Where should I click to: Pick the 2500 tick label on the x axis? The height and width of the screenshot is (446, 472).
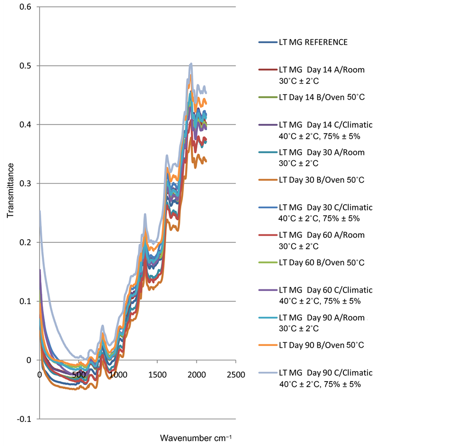coord(235,375)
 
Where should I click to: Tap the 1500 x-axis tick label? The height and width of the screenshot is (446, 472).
coord(157,375)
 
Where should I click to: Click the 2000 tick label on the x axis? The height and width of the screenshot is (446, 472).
coord(197,375)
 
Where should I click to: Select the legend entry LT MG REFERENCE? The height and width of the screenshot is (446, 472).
coord(313,42)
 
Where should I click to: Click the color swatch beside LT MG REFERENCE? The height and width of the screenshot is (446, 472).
coord(267,42)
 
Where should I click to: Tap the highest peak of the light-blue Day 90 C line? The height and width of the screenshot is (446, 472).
coord(191,63)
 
